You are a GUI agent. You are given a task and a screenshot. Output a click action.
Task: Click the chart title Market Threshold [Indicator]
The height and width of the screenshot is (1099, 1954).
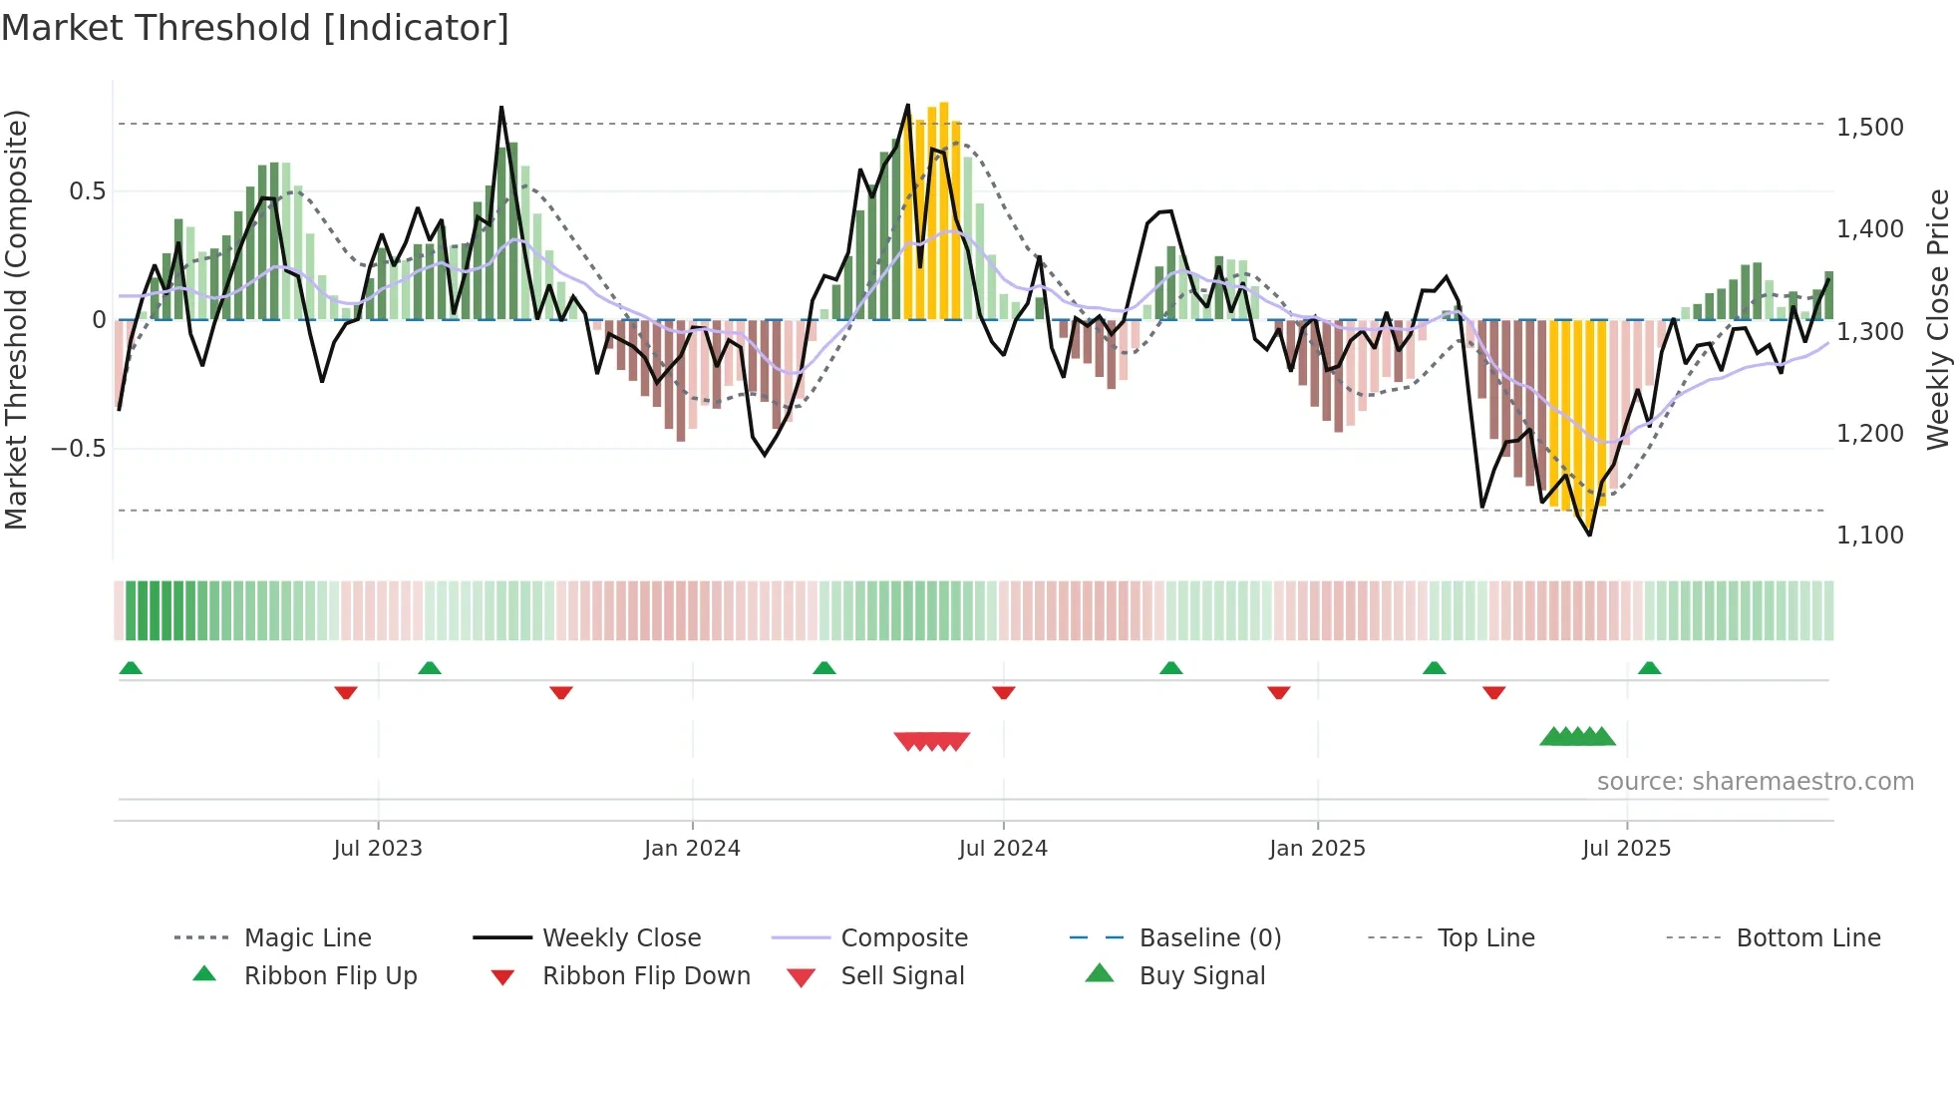point(255,28)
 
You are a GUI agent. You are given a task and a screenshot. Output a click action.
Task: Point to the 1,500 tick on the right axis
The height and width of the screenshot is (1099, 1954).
point(1869,128)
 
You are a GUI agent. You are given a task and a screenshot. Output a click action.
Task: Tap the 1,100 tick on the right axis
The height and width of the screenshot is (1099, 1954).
point(1869,536)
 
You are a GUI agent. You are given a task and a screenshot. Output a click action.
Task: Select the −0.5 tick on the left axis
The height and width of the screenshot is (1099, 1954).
point(79,449)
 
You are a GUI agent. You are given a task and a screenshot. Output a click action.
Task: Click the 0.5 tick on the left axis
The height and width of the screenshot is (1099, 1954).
point(87,191)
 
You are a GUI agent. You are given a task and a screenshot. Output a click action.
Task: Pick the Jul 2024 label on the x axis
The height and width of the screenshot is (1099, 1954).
point(1003,849)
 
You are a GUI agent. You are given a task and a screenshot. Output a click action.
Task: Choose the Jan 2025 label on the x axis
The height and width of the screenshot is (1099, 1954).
point(1317,849)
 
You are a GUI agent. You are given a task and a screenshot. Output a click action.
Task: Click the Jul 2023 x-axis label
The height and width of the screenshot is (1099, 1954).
point(378,849)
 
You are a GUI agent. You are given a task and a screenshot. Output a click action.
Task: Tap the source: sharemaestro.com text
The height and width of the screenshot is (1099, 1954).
point(1755,782)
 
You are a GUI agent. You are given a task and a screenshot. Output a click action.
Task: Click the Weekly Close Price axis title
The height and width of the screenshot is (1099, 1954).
point(1937,319)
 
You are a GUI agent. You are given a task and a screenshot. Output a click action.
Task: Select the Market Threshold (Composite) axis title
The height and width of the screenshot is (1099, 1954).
point(16,319)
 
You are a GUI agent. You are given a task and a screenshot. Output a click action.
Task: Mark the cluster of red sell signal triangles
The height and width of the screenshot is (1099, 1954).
point(932,741)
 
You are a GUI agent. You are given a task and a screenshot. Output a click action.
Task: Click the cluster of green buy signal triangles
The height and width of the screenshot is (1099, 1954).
point(1577,737)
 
